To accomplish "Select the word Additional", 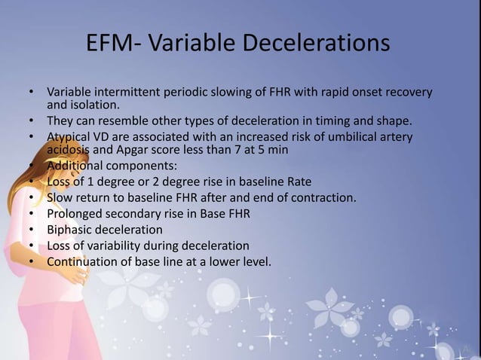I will pyautogui.click(x=76, y=166).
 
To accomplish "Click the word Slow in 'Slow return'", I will pyautogui.click(x=60, y=198).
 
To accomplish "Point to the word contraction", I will pyautogui.click(x=323, y=198).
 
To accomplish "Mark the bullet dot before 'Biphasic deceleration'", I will pyautogui.click(x=31, y=230).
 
